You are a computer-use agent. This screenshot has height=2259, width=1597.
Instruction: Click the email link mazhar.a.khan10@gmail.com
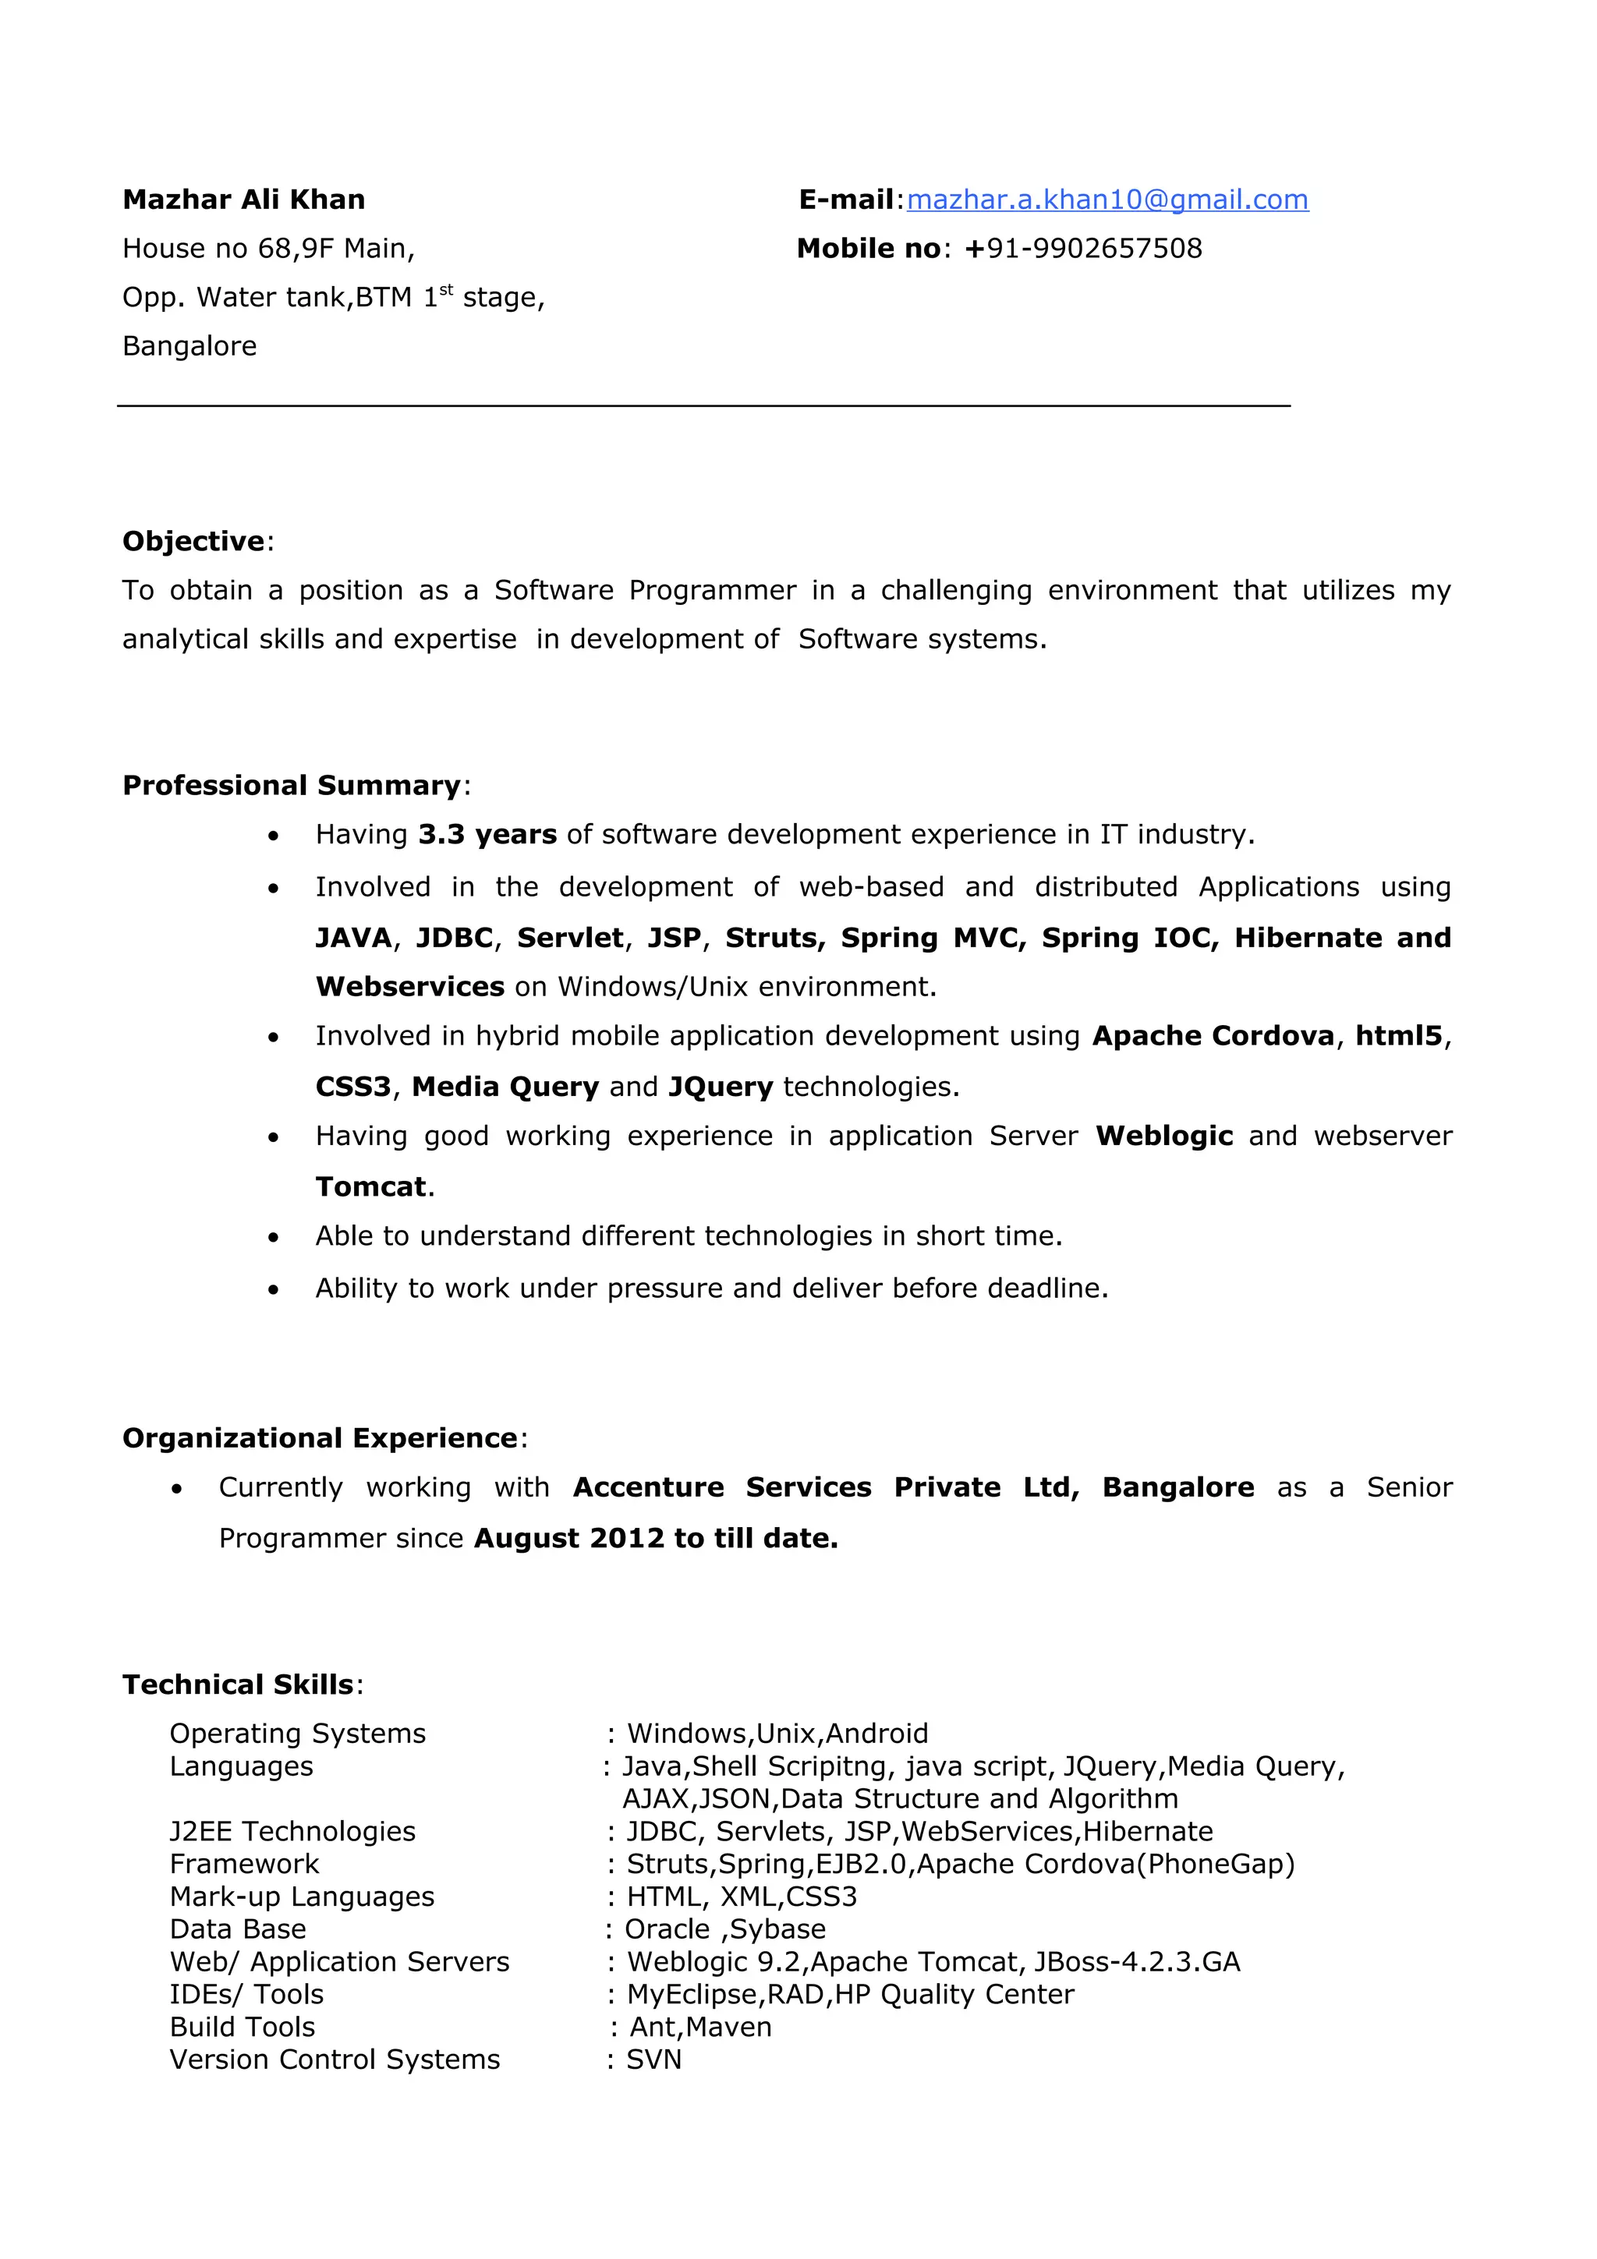(x=1107, y=200)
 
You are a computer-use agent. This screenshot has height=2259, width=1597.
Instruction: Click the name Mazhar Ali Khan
(x=243, y=200)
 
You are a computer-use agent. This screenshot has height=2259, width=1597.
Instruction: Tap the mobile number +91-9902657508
(x=1083, y=248)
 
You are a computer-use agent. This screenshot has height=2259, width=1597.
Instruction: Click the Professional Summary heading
(x=292, y=785)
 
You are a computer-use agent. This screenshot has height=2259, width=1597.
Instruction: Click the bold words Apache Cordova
(x=1213, y=1036)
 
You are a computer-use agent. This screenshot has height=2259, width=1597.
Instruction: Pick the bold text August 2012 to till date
(x=655, y=1539)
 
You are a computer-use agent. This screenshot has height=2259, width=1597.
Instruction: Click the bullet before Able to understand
(x=274, y=1237)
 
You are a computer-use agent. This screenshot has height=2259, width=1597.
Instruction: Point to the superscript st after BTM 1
(x=446, y=289)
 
